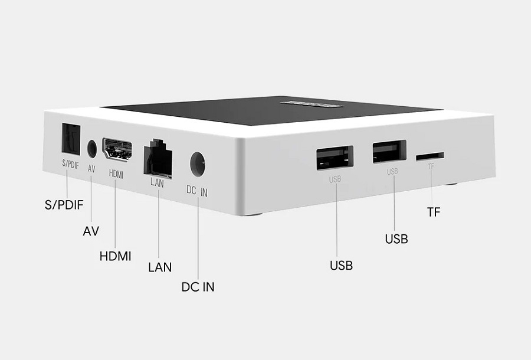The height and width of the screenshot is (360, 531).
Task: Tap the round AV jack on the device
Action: click(x=92, y=148)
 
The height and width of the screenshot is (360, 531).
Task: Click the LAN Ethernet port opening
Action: click(x=158, y=158)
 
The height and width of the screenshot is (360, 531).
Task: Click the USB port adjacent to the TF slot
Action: click(x=389, y=151)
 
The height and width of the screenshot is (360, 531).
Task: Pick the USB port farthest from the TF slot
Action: click(x=335, y=157)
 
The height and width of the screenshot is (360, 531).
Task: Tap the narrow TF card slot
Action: click(x=430, y=156)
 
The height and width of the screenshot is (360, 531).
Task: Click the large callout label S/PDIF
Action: click(x=64, y=206)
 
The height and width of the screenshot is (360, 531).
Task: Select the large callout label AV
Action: click(x=91, y=231)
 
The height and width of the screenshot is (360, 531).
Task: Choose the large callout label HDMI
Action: click(x=116, y=256)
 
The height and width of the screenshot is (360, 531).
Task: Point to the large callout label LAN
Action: click(x=160, y=267)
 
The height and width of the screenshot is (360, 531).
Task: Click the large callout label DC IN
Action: click(x=198, y=287)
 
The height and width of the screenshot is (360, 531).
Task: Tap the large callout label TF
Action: click(x=434, y=212)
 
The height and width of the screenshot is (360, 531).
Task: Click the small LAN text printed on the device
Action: click(x=157, y=182)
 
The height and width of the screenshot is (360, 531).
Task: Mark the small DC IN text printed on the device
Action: click(x=198, y=191)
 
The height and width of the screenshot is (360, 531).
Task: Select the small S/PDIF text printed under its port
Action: click(x=70, y=165)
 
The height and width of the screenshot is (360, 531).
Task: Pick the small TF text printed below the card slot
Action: click(x=431, y=167)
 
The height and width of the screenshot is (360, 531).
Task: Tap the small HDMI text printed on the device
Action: click(x=116, y=175)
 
